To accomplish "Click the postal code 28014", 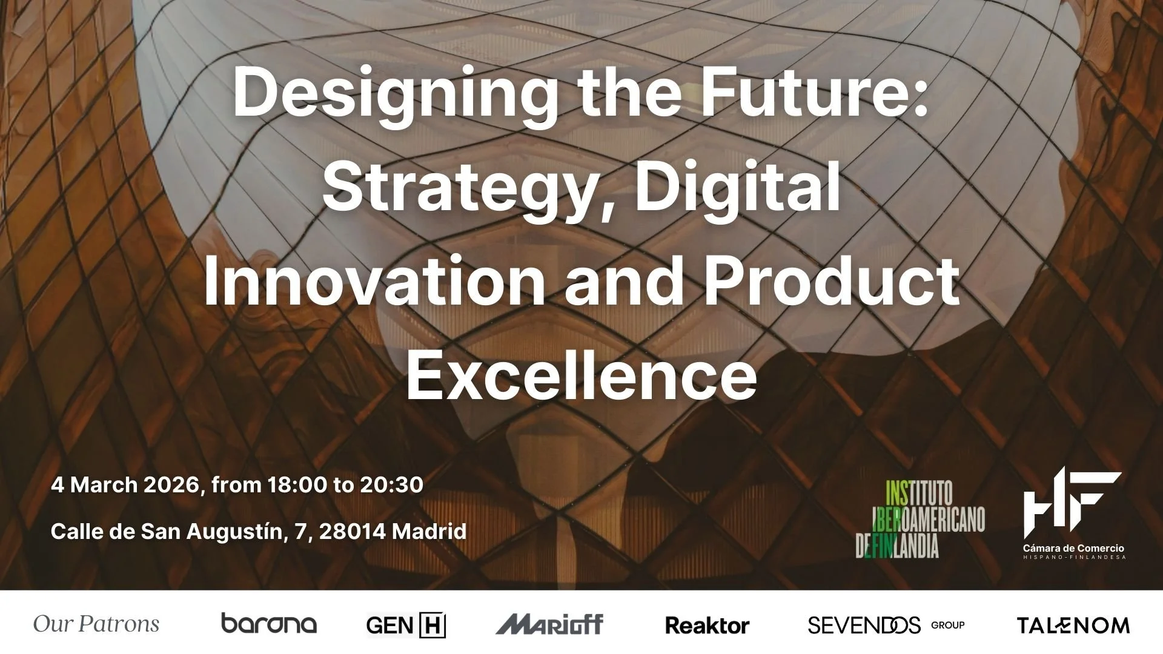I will pyautogui.click(x=352, y=531).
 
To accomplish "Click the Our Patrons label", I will pyautogui.click(x=96, y=624).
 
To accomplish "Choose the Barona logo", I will pyautogui.click(x=268, y=624).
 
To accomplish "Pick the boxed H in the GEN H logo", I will pyautogui.click(x=432, y=625).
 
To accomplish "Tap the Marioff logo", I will pyautogui.click(x=549, y=624).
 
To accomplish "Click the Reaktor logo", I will pyautogui.click(x=707, y=625).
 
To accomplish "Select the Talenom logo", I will pyautogui.click(x=1073, y=625).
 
